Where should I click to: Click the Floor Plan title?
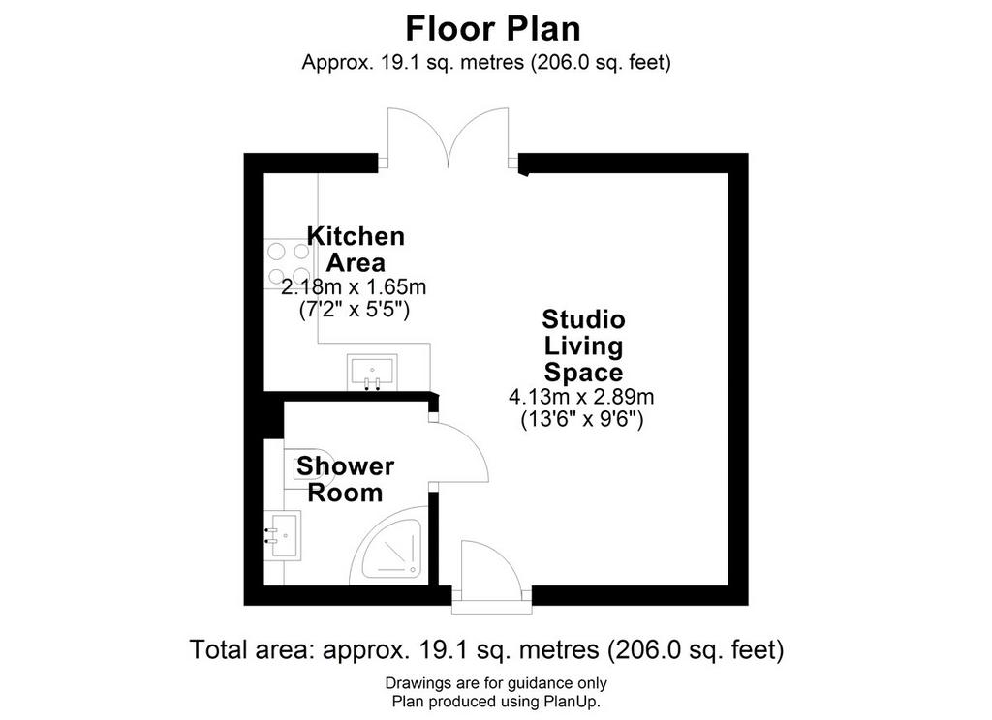(493, 28)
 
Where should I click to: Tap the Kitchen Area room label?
(356, 249)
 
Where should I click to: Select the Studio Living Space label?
(583, 345)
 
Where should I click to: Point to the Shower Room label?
(346, 479)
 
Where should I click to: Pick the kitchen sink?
(372, 372)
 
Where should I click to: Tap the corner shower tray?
(387, 545)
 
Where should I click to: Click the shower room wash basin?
(283, 535)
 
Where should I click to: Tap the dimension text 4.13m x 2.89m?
(581, 397)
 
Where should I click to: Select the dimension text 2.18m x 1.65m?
(354, 287)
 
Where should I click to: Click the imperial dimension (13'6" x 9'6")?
(582, 419)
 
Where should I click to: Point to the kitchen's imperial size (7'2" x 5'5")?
(355, 310)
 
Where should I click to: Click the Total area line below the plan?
(486, 649)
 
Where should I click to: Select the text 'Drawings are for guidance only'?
(496, 682)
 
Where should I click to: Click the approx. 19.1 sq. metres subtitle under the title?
(486, 63)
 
